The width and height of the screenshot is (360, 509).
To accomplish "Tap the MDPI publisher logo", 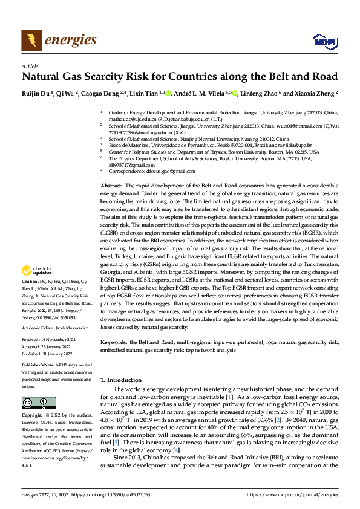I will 324,41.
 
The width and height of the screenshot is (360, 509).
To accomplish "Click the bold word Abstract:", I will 111,184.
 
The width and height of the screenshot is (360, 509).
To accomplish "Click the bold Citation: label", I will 31,282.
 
